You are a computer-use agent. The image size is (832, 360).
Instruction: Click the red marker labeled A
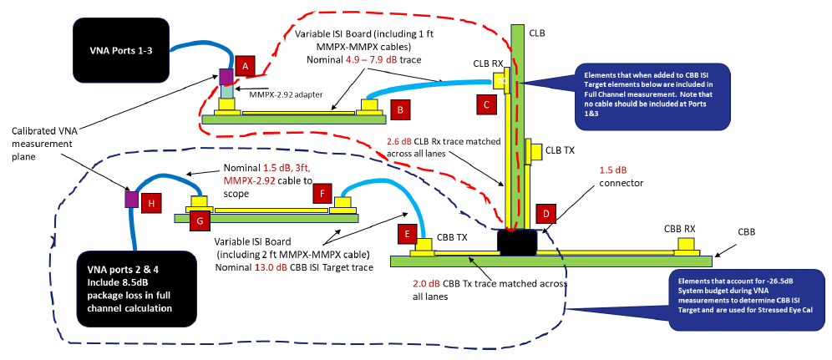243,64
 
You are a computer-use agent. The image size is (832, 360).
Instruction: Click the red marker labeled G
201,220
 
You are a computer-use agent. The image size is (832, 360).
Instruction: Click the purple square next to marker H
131,200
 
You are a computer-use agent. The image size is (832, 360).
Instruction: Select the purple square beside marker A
227,77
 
